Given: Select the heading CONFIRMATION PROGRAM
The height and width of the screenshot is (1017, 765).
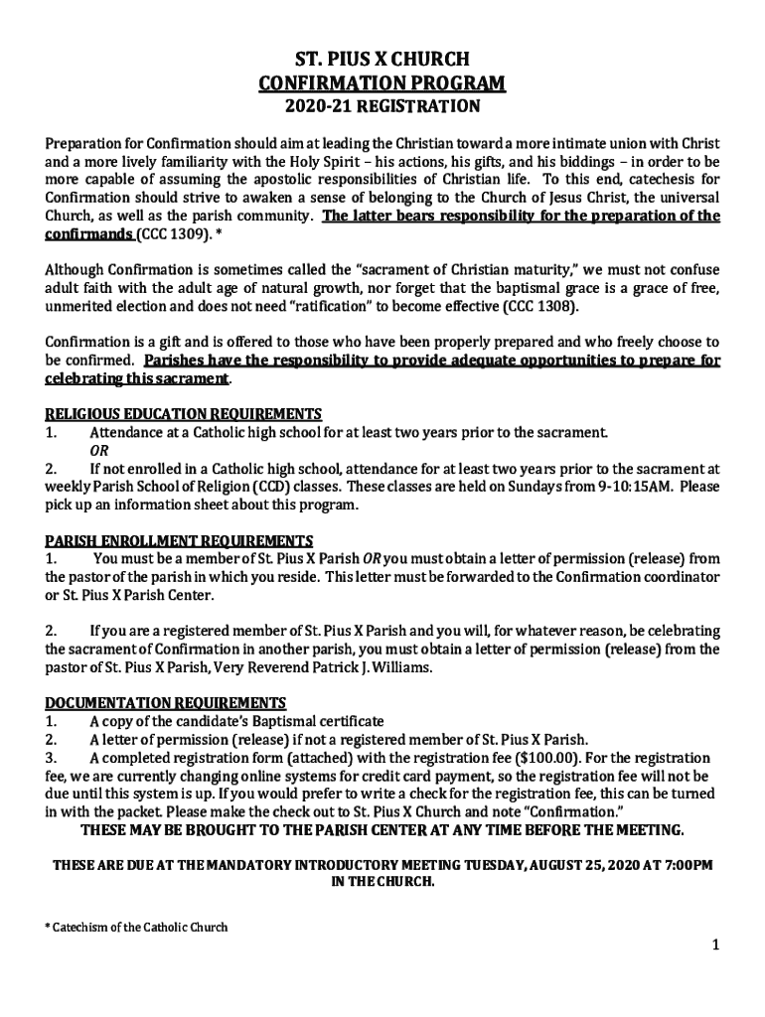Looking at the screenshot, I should click(x=382, y=82).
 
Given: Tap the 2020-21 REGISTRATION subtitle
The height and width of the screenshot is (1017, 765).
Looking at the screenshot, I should click(x=382, y=105).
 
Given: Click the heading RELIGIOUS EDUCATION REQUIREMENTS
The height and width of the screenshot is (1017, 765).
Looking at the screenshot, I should click(x=183, y=414).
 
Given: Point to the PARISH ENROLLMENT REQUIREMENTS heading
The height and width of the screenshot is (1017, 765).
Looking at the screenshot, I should click(x=180, y=541).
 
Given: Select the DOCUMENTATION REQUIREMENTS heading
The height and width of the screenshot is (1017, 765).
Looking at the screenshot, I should click(x=166, y=702).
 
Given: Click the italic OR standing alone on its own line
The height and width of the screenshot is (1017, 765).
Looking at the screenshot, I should click(x=100, y=450).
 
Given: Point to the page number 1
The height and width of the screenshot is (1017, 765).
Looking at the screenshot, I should click(x=713, y=944).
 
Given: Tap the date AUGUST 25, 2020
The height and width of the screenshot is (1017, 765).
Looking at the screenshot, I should click(x=536, y=865).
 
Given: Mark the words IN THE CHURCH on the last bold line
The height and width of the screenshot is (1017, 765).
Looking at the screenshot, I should click(x=382, y=882).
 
